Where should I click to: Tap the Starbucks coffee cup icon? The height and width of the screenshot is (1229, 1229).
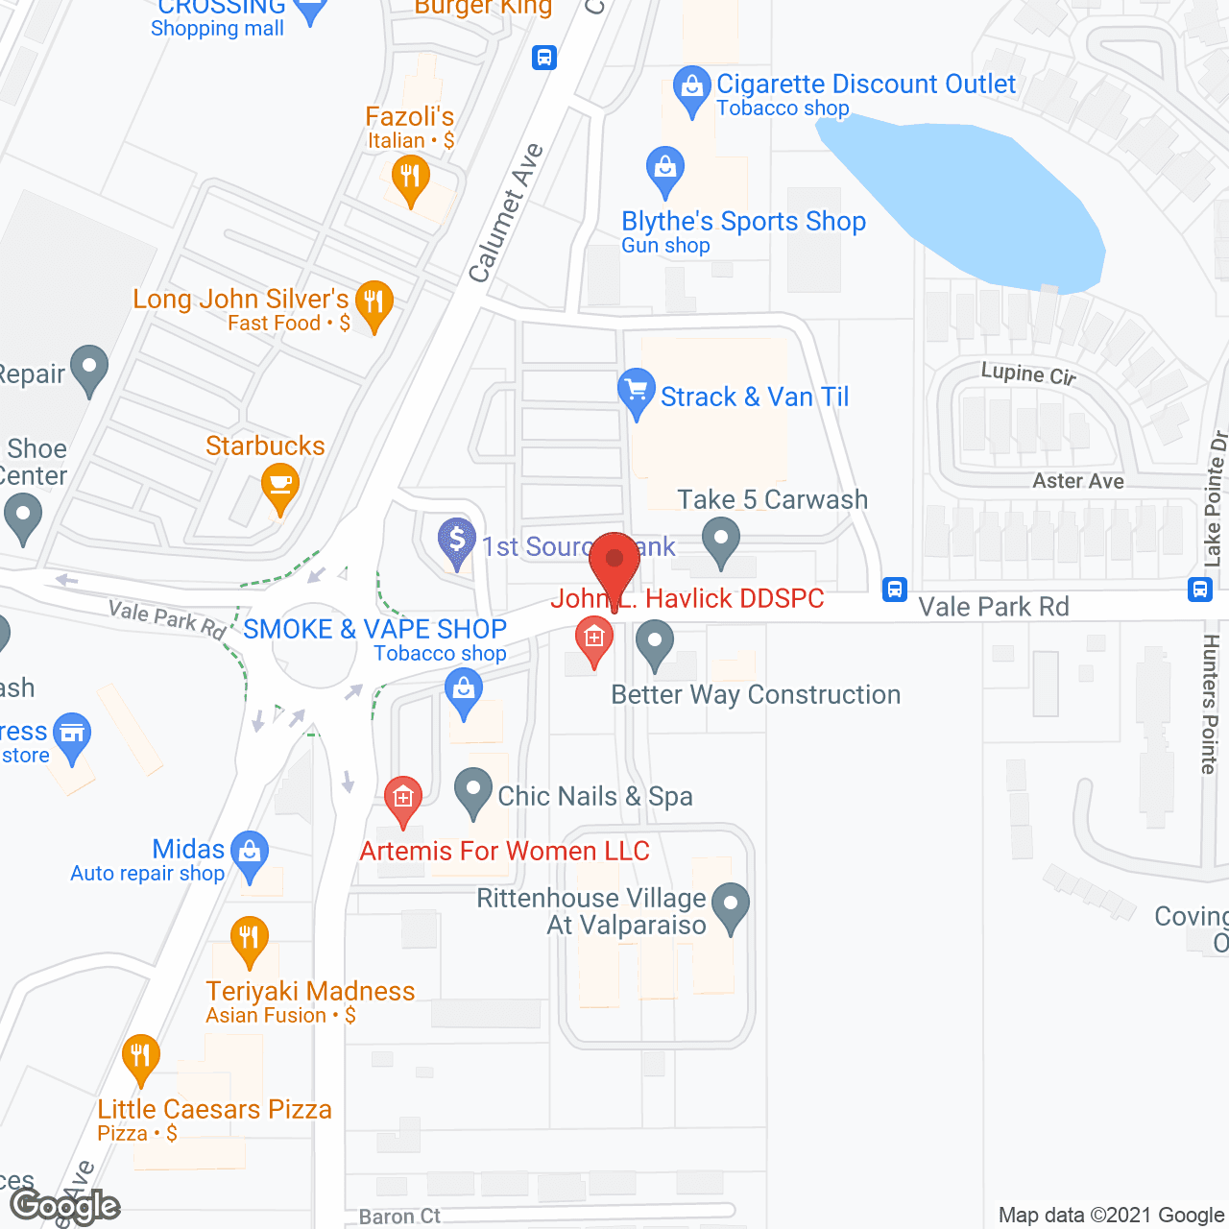point(279,483)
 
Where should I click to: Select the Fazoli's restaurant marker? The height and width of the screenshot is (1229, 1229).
point(410,178)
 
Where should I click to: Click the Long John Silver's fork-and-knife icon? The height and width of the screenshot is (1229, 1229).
point(374,302)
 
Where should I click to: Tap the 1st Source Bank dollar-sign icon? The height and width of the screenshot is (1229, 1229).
point(457,541)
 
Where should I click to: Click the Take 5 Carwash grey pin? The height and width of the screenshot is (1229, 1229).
point(720,539)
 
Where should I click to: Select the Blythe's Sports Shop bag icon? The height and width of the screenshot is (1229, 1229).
point(664,169)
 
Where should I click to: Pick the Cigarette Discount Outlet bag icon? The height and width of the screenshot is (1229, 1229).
point(691,87)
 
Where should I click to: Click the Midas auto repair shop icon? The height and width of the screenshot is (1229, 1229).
point(250,852)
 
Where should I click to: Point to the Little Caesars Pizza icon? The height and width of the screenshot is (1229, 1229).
point(140,1056)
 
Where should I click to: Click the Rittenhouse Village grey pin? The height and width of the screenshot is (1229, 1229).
point(732,904)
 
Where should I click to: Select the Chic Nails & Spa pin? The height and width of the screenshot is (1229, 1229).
point(472,791)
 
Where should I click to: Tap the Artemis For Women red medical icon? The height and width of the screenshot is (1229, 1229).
point(403,798)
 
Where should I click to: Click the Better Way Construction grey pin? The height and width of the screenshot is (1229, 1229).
point(655,641)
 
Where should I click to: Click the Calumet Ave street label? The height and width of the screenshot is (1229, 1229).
point(506,213)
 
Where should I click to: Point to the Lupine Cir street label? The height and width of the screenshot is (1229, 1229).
point(1028,374)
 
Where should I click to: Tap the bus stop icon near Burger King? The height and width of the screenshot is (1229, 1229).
point(544,58)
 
